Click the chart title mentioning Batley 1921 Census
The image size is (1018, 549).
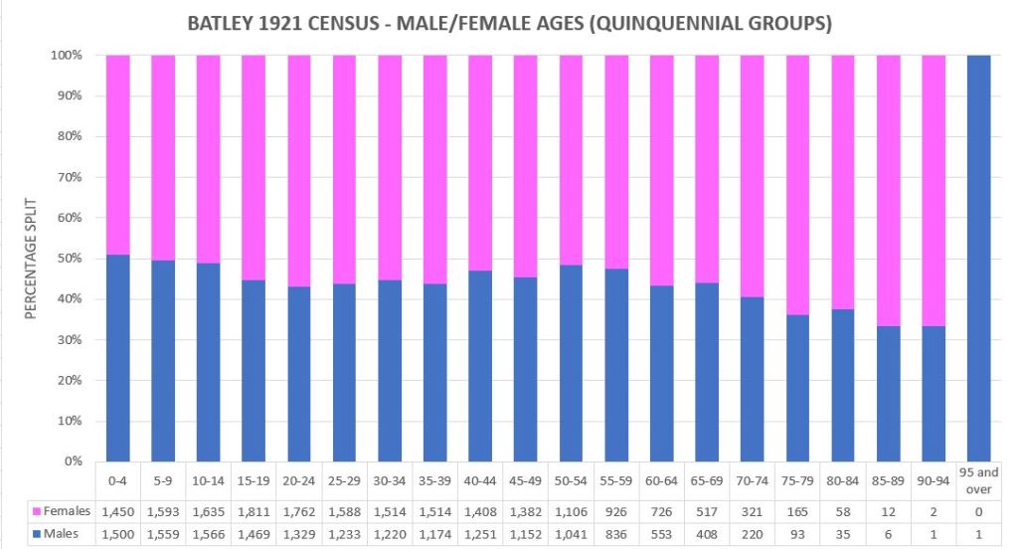[x=508, y=21]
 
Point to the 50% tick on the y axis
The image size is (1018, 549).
[x=70, y=259]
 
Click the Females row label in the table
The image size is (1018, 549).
[x=68, y=511]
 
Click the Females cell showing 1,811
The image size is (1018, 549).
[x=254, y=511]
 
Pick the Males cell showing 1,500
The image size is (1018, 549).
[x=117, y=535]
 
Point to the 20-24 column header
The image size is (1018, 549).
[x=299, y=480]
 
